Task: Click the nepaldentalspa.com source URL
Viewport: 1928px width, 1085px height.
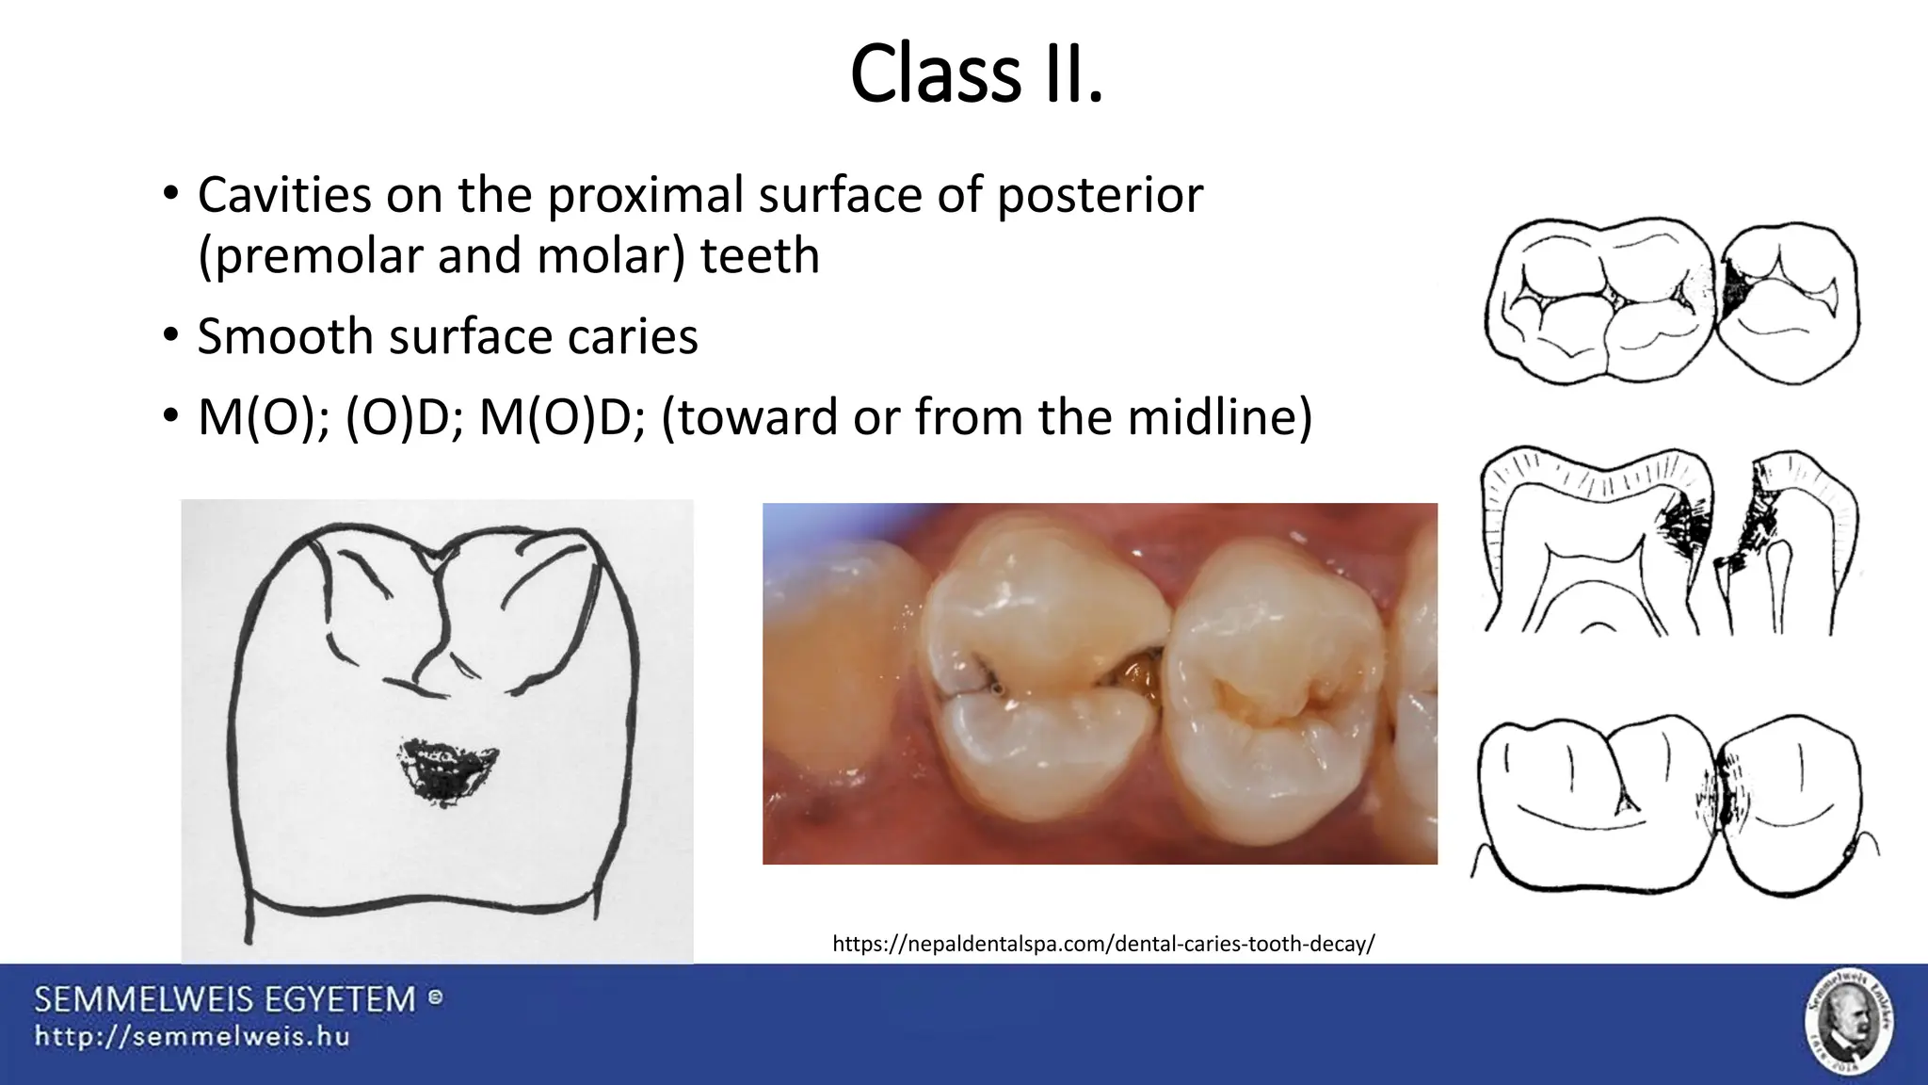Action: click(1103, 944)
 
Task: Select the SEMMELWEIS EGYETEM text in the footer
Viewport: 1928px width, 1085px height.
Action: click(226, 999)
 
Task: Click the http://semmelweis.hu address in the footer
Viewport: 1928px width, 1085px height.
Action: click(192, 1037)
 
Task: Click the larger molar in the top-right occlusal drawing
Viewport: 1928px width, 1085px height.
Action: click(1600, 301)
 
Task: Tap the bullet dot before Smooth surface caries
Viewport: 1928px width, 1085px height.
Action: click(169, 336)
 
